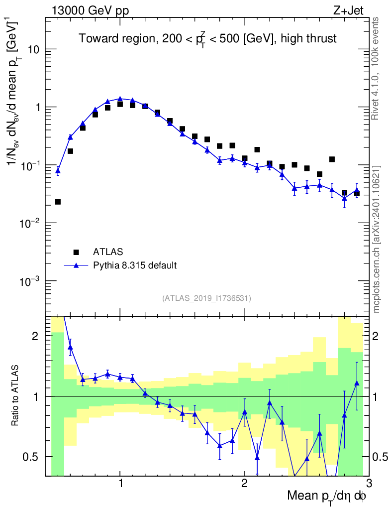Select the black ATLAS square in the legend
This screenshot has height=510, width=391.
point(76,252)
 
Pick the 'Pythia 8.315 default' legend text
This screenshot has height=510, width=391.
point(135,265)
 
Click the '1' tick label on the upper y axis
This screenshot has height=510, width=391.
point(38,108)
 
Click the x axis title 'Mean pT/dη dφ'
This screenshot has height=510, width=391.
point(327,497)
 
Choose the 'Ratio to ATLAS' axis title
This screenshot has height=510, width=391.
point(16,396)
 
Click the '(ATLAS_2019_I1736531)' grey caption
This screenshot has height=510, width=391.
point(206,298)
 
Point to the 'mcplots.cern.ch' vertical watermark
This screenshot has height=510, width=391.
point(377,239)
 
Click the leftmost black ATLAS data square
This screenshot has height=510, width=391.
point(58,202)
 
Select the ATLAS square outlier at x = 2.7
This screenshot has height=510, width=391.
point(332,159)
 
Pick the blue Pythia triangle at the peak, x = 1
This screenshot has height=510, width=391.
point(120,99)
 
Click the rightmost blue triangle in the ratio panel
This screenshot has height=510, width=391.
point(357,383)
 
